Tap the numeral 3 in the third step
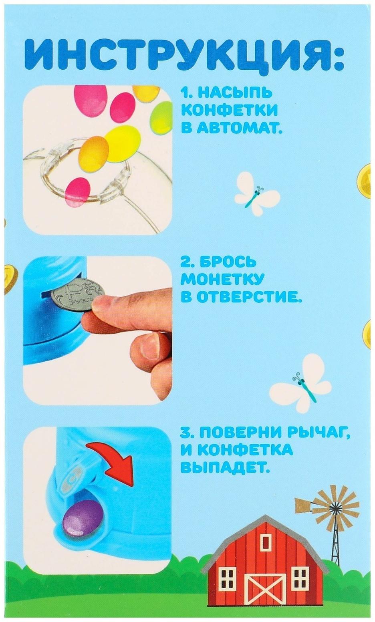coord(185,433)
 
